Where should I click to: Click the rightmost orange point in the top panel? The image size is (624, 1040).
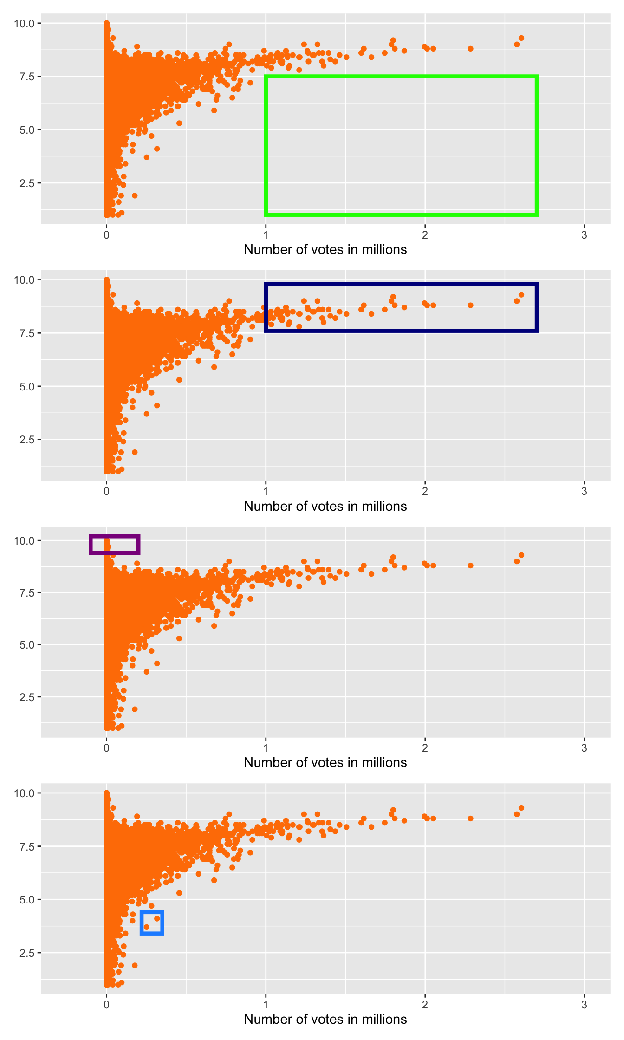[x=521, y=38]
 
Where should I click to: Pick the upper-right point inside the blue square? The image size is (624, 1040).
[x=157, y=918]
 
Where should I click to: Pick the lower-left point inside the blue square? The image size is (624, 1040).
[x=147, y=927]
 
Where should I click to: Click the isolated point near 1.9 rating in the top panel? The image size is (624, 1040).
[x=135, y=195]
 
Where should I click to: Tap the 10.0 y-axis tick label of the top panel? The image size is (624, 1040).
[x=24, y=23]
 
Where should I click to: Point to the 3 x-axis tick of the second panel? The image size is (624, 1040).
[x=584, y=492]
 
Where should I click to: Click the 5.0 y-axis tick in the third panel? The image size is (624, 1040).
[x=27, y=645]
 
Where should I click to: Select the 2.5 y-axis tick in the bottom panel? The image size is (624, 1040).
[x=27, y=953]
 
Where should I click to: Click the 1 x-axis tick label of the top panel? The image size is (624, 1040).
[x=266, y=235]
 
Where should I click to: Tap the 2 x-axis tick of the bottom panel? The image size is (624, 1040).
[x=425, y=1005]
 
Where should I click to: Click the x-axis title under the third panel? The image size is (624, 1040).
[x=325, y=762]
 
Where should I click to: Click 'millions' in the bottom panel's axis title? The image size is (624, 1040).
[x=383, y=1019]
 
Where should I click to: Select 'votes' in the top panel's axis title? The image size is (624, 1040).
[x=311, y=249]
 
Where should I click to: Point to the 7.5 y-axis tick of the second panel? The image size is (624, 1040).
[x=27, y=333]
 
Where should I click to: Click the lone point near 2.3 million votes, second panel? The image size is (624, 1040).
[x=470, y=305]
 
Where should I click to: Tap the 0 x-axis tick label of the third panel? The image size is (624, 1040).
[x=106, y=748]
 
